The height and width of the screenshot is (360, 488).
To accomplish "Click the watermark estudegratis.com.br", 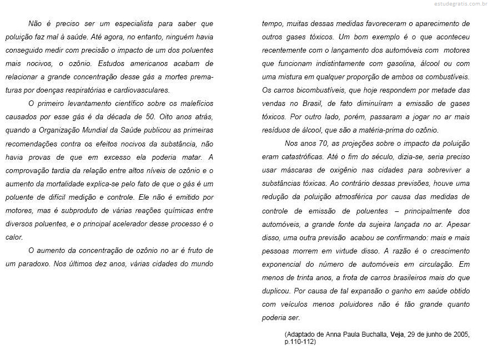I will point(458,4).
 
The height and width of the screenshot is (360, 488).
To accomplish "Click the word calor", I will point(14,237).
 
